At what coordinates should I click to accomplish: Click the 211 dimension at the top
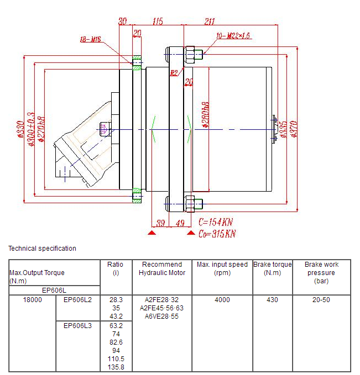point(210,22)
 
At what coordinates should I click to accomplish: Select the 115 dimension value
point(158,22)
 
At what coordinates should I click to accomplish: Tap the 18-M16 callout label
point(91,39)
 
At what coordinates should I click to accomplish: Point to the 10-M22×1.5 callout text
point(234,35)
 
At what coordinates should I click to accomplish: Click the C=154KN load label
point(216,222)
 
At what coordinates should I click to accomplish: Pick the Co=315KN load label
point(217,234)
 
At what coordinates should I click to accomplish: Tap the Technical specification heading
point(42,249)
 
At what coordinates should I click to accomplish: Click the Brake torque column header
point(272,268)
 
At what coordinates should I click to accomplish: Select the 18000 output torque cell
point(32,300)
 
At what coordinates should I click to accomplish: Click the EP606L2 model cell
point(77,300)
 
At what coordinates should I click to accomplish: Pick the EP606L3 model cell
point(77,325)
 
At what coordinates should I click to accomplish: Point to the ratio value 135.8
point(116,367)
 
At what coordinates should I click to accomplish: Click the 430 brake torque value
point(272,300)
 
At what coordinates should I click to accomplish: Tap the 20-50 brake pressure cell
point(321,300)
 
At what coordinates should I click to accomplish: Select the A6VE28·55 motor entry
point(161,316)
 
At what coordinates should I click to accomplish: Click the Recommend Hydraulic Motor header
point(161,268)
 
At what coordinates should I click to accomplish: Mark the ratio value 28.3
point(116,300)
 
